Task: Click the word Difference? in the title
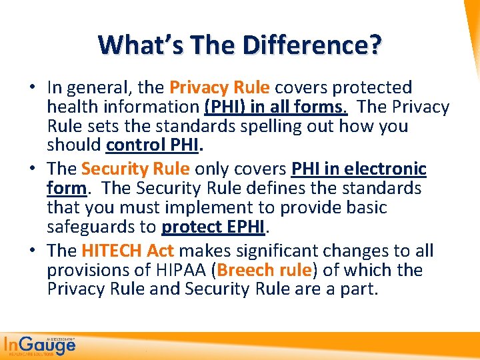coord(311,45)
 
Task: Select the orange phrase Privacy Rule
coord(219,87)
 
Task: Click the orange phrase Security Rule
coord(135,169)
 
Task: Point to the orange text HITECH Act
coord(127,251)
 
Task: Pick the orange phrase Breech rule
coord(264,271)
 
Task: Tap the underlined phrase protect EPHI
coord(213,227)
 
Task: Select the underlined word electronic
coord(388,169)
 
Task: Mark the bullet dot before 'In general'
coord(31,88)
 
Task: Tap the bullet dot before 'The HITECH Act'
coord(31,252)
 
